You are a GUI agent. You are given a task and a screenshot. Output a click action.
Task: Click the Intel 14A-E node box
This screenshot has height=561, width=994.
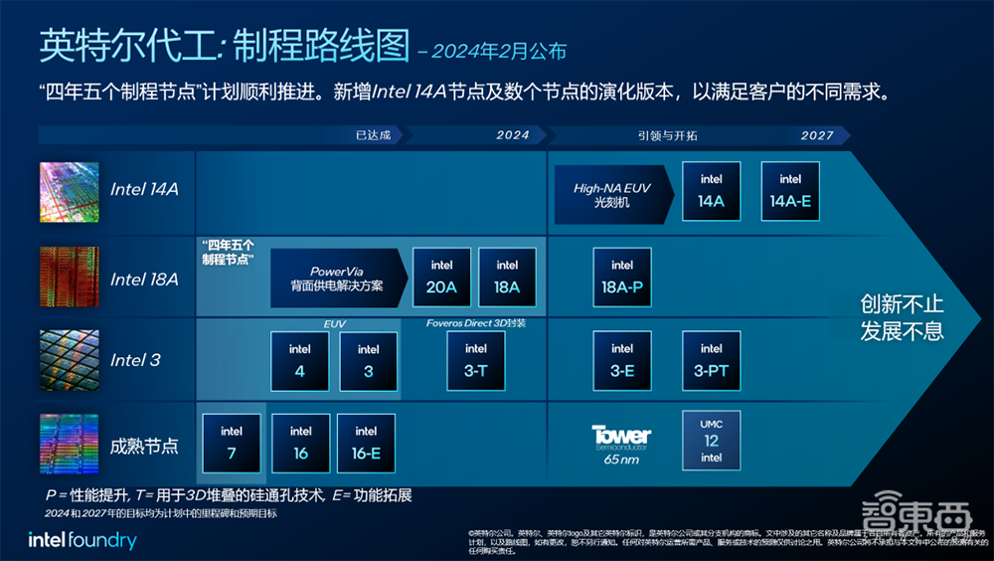click(790, 190)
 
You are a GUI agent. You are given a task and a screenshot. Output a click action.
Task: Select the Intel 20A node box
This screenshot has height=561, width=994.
click(441, 277)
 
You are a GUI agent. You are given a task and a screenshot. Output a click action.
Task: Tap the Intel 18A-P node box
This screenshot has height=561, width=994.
click(622, 277)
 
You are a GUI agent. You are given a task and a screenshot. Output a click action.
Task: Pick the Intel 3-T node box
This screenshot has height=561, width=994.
click(476, 360)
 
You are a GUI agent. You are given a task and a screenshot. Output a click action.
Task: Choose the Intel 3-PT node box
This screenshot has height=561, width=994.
click(711, 360)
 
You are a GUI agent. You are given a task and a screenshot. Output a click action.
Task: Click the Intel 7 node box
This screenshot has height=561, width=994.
click(232, 443)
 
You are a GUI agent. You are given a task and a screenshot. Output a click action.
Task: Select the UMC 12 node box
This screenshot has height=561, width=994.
click(711, 439)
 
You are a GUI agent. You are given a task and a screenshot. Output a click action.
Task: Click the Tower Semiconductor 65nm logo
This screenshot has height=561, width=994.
click(621, 442)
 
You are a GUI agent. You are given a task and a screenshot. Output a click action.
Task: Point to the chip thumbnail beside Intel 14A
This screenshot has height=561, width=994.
click(69, 192)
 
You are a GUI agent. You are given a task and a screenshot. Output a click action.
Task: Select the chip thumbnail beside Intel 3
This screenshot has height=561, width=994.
click(69, 360)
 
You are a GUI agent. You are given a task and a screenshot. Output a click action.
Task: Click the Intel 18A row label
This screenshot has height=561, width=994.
click(144, 280)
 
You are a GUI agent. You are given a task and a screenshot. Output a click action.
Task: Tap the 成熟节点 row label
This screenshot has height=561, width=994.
click(144, 446)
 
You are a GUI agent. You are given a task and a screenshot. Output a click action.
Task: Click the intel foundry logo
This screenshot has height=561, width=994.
click(83, 541)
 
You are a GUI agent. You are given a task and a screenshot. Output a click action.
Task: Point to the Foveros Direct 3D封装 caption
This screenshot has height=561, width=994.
click(476, 323)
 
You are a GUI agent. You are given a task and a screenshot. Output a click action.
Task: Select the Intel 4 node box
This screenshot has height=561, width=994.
click(299, 360)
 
